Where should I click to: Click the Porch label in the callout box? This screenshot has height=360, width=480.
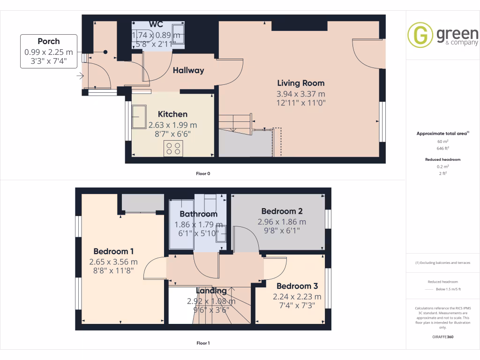[x=49, y=41]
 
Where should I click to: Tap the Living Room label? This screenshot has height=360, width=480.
[x=300, y=83]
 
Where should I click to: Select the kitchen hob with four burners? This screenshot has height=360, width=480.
[x=173, y=149]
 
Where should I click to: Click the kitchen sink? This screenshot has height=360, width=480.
[x=139, y=116]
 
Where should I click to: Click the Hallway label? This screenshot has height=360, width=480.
[x=188, y=70]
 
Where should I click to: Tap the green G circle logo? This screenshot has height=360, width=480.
[x=420, y=35]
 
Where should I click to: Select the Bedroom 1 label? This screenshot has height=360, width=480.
[x=113, y=251]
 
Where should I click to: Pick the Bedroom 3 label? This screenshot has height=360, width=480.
[x=297, y=286]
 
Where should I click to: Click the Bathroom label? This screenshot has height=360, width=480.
[x=198, y=214]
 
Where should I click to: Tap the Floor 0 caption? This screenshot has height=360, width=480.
[x=203, y=173]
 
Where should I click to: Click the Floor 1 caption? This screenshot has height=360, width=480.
[x=203, y=343]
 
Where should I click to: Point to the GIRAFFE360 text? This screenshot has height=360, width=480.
[x=442, y=337]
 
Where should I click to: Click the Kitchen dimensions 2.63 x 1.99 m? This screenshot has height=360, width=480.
[x=172, y=125]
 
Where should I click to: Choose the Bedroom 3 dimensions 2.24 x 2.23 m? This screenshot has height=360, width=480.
[x=297, y=296]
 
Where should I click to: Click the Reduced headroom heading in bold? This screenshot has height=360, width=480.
[x=442, y=159]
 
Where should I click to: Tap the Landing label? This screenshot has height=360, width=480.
[x=211, y=291]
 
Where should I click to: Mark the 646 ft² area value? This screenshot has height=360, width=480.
[x=442, y=148]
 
